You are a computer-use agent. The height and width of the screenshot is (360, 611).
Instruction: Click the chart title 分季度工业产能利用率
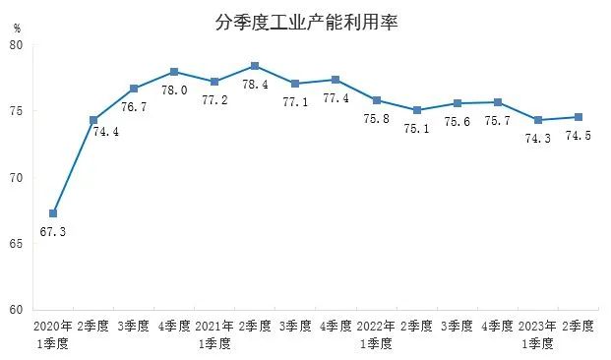pos(306,22)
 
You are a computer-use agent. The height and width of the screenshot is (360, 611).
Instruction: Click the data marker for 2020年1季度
pos(53,213)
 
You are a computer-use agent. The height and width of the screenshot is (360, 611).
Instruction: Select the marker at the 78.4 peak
pos(255,66)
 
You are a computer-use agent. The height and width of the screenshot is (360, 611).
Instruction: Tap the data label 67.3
pos(54,232)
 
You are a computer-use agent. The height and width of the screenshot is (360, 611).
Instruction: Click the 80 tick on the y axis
pos(18,45)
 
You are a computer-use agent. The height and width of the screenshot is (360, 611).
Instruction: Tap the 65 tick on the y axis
pos(18,243)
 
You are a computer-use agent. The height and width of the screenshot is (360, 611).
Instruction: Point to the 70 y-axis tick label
pos(18,177)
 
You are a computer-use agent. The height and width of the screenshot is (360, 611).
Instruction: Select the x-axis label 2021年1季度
pos(214,333)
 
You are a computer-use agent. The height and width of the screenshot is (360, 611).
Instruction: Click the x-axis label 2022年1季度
pos(376,333)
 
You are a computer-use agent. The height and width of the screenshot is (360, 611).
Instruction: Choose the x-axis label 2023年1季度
pos(537,333)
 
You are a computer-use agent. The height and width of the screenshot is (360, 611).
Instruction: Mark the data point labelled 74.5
pos(579,117)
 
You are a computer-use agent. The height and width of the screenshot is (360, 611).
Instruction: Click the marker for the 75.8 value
pos(377,100)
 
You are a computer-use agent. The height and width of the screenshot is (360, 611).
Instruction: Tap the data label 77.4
pos(335,98)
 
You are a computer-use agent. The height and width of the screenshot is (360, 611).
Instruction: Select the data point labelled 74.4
pos(93,120)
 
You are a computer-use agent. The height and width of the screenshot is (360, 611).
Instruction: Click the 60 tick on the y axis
pos(18,309)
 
